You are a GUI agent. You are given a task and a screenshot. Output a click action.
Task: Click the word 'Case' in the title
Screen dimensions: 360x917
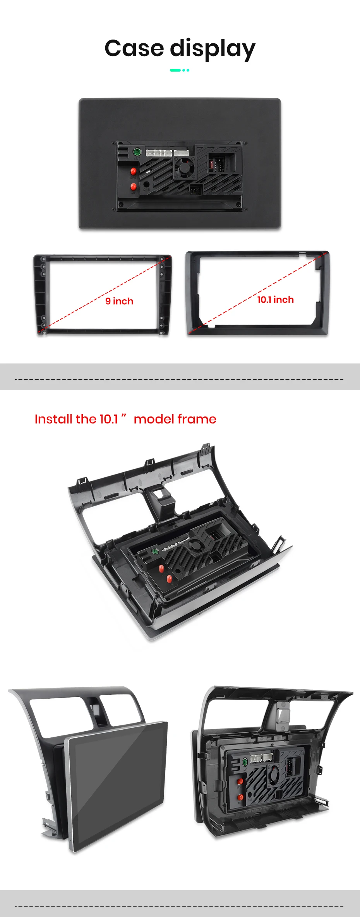click(x=134, y=48)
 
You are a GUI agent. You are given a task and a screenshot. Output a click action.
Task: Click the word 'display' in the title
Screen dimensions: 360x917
click(x=213, y=50)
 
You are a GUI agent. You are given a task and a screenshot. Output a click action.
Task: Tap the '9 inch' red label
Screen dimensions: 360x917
click(x=119, y=301)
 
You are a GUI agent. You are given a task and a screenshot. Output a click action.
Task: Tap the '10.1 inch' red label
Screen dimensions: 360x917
click(x=275, y=300)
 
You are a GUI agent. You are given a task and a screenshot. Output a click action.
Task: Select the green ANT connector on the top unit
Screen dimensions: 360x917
click(x=137, y=152)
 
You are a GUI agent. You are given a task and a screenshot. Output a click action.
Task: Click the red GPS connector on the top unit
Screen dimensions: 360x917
click(x=134, y=171)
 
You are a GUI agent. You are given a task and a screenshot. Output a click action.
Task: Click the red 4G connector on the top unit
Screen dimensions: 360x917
click(x=133, y=187)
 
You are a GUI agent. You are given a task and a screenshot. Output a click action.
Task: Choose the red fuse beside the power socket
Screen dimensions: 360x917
click(x=211, y=165)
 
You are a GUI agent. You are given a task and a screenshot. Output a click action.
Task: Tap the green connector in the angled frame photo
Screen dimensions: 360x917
click(x=155, y=551)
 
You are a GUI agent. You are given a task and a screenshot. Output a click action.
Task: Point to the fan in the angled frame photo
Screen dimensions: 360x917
click(x=196, y=546)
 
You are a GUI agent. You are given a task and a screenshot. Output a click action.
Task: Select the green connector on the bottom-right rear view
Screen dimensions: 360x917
click(x=245, y=762)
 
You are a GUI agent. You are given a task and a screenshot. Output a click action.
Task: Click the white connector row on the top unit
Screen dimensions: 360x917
click(x=167, y=153)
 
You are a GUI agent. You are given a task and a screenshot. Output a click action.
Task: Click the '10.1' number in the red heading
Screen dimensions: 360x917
click(x=109, y=419)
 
